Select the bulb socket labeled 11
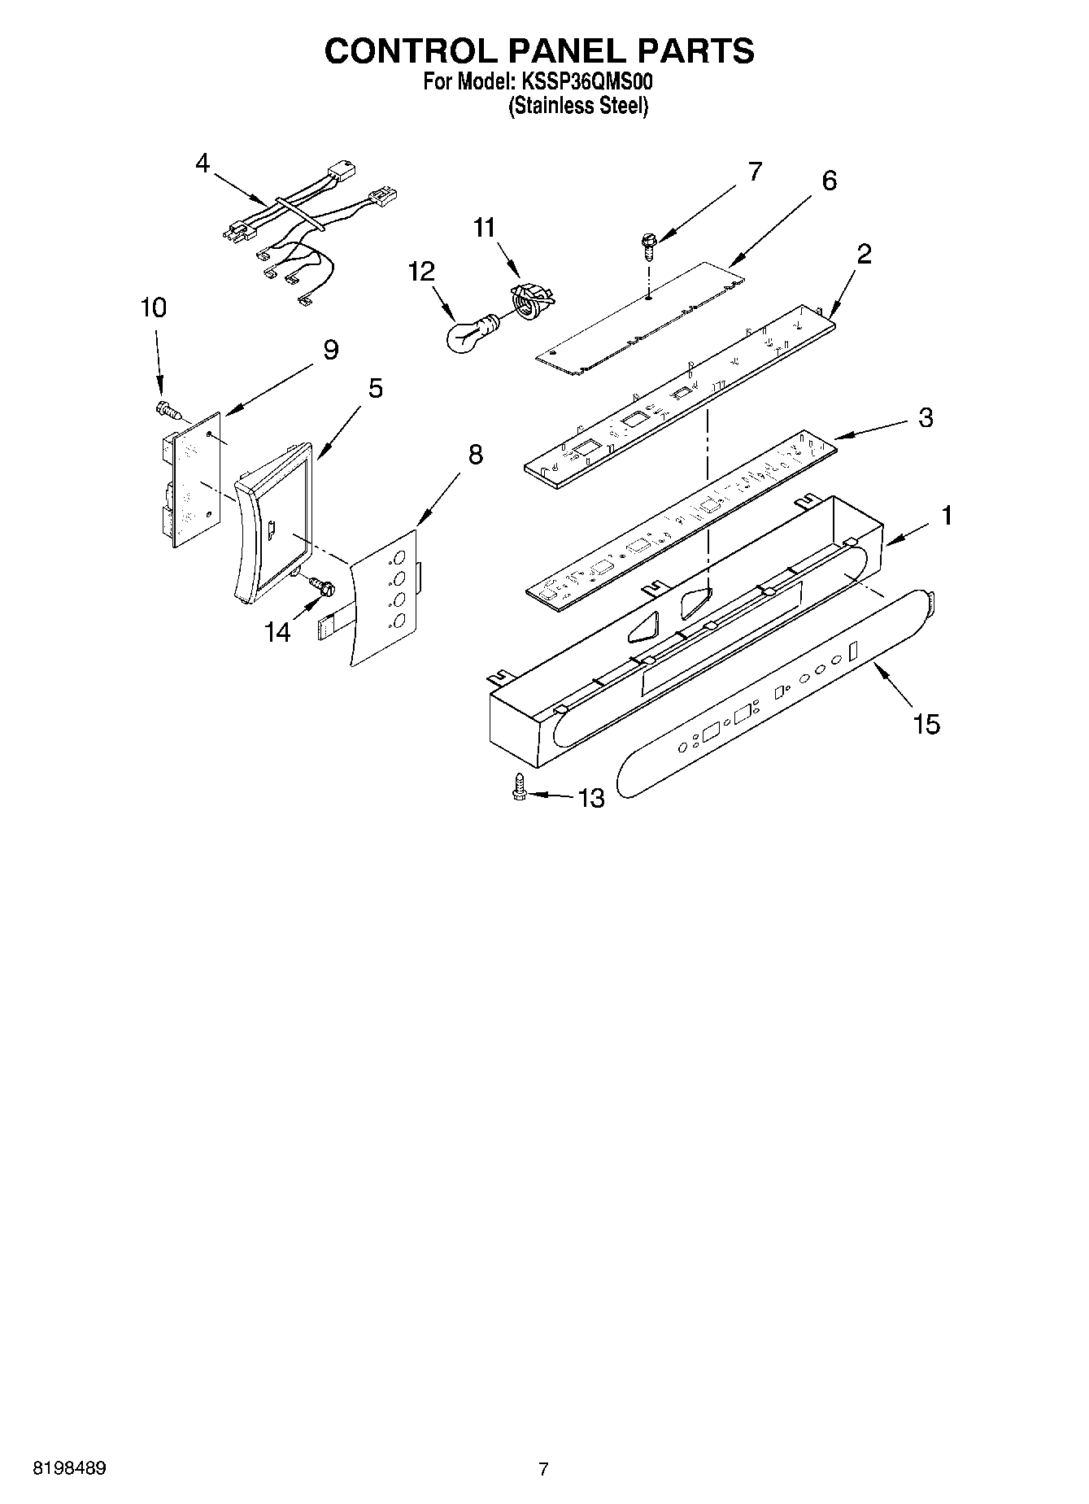530,300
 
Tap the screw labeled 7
648,243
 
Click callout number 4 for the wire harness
203,163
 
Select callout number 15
926,723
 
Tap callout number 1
946,515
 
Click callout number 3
926,418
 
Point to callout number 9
330,350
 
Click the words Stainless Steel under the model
578,107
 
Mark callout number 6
829,181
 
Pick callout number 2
864,254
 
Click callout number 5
375,388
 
